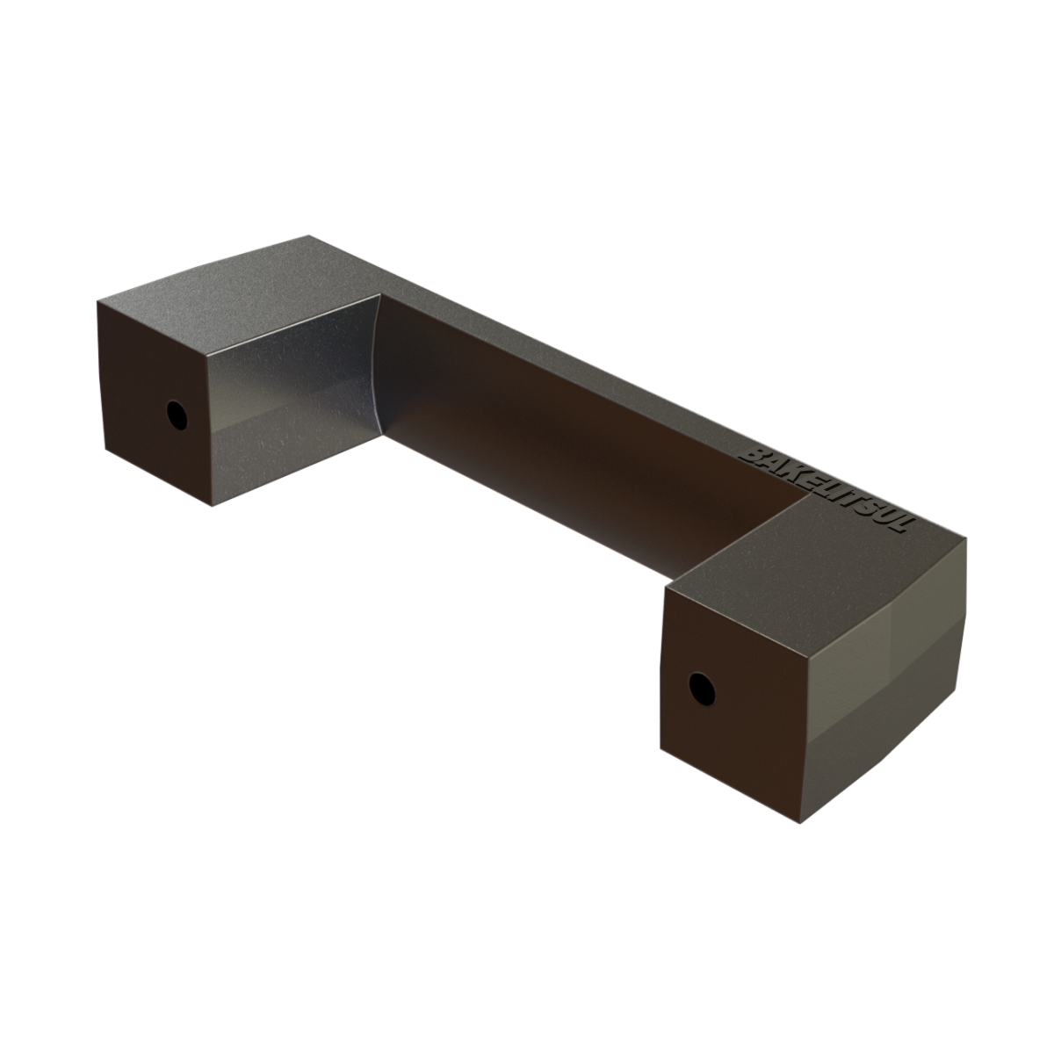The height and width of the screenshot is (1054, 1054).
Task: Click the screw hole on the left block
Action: pyautogui.click(x=177, y=415)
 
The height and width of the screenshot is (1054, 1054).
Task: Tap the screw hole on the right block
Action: pyautogui.click(x=702, y=689)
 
